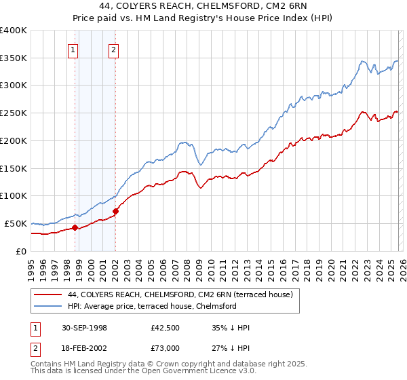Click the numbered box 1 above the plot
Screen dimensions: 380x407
(73, 49)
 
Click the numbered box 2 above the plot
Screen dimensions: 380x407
(113, 49)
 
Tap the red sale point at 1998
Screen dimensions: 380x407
(75, 227)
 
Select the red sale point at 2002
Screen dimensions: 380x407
(115, 211)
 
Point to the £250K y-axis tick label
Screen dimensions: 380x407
(13, 113)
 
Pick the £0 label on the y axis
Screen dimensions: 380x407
(20, 251)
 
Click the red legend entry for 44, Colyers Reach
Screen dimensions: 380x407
(180, 294)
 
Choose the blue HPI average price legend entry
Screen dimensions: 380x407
(151, 306)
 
